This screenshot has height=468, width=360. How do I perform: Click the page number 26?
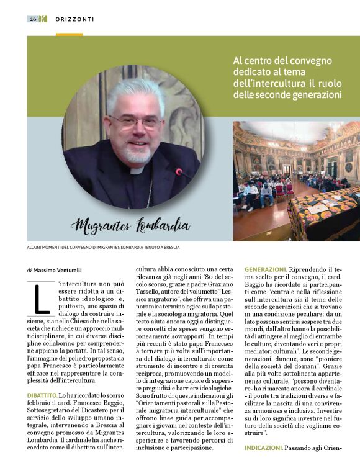[33, 19]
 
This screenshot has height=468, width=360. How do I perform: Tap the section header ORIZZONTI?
[74, 19]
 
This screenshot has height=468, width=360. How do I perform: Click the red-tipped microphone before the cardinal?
[181, 173]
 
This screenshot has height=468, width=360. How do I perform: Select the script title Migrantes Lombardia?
[130, 225]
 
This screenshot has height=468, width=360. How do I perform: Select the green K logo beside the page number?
[43, 19]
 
